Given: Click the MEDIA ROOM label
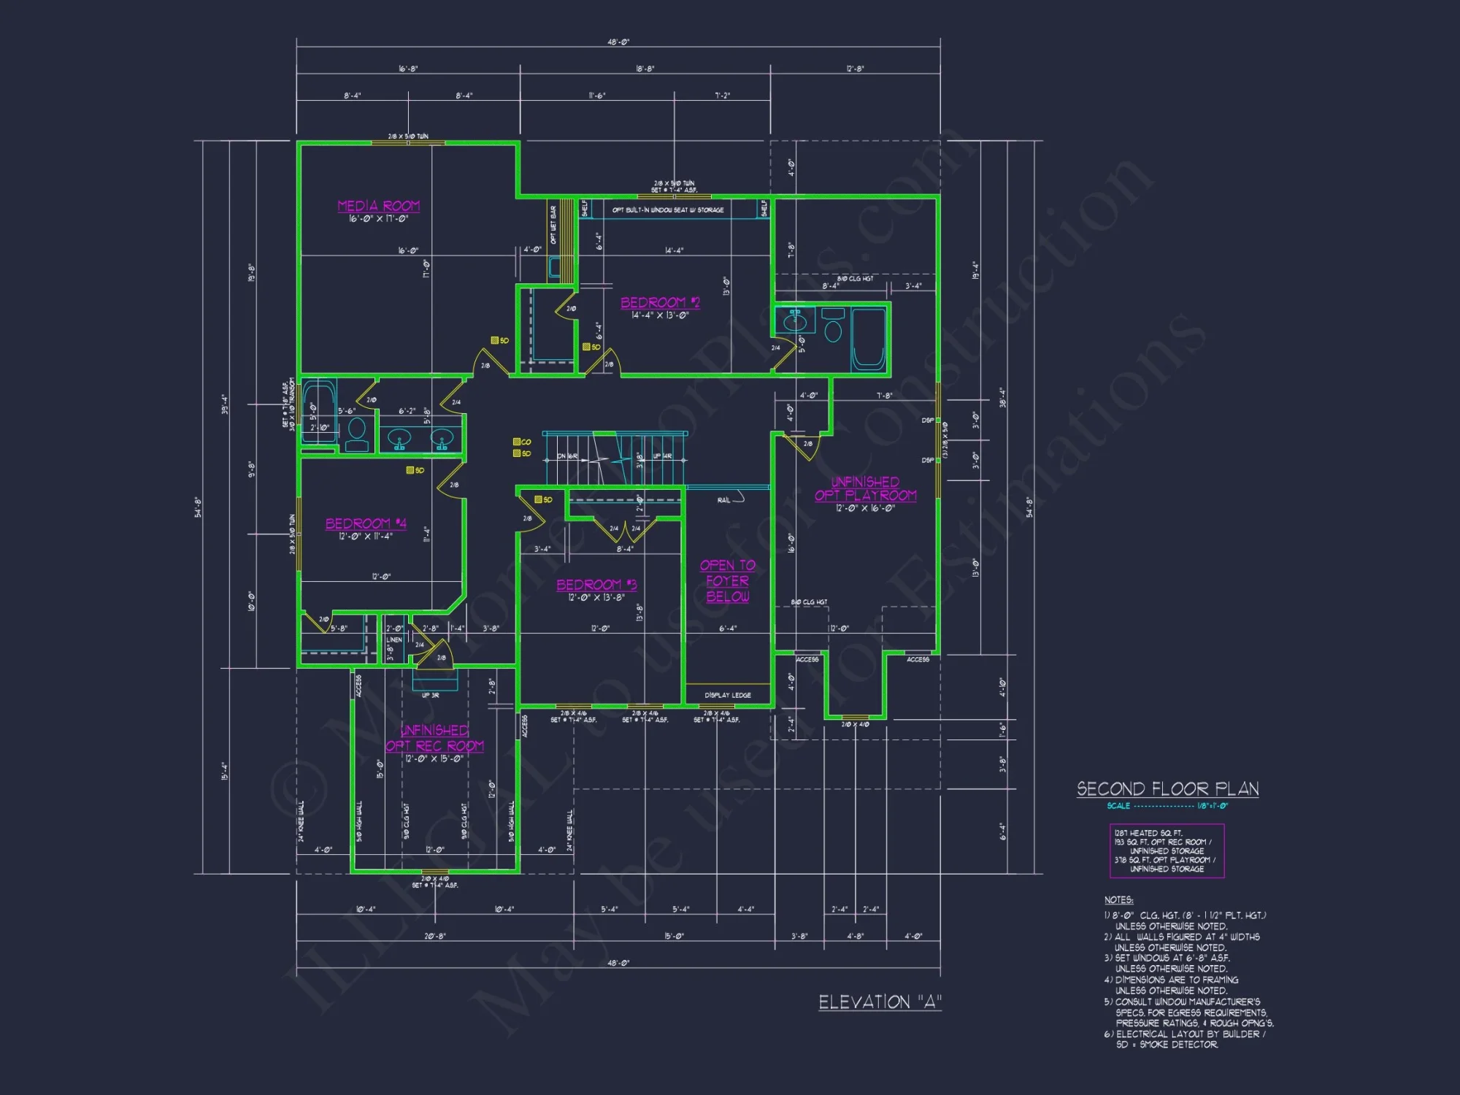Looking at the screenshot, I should [378, 206].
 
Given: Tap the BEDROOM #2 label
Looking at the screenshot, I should [660, 302].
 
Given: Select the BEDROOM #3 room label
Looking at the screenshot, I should [596, 585].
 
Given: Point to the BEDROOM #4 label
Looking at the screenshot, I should [366, 523].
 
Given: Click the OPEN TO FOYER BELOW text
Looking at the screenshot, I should [727, 581].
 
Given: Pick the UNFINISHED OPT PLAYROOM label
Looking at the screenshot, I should [865, 489].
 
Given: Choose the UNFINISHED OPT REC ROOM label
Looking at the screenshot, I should [434, 738].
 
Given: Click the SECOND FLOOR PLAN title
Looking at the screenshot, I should [1167, 788].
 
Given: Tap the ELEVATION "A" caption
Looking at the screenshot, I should [880, 1002].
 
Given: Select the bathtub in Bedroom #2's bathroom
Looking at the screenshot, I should [869, 339].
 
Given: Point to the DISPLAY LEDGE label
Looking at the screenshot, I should [727, 695].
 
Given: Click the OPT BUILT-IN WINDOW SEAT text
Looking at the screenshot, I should [667, 210].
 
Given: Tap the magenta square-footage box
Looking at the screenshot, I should [1166, 850].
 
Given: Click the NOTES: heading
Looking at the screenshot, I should [1118, 900].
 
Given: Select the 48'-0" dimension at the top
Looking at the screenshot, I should [618, 42].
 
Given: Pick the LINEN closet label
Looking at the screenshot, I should [394, 639].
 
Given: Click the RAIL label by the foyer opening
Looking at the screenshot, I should [723, 500].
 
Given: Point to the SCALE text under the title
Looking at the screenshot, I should [1118, 806].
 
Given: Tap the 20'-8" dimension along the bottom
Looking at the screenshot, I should [434, 936].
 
